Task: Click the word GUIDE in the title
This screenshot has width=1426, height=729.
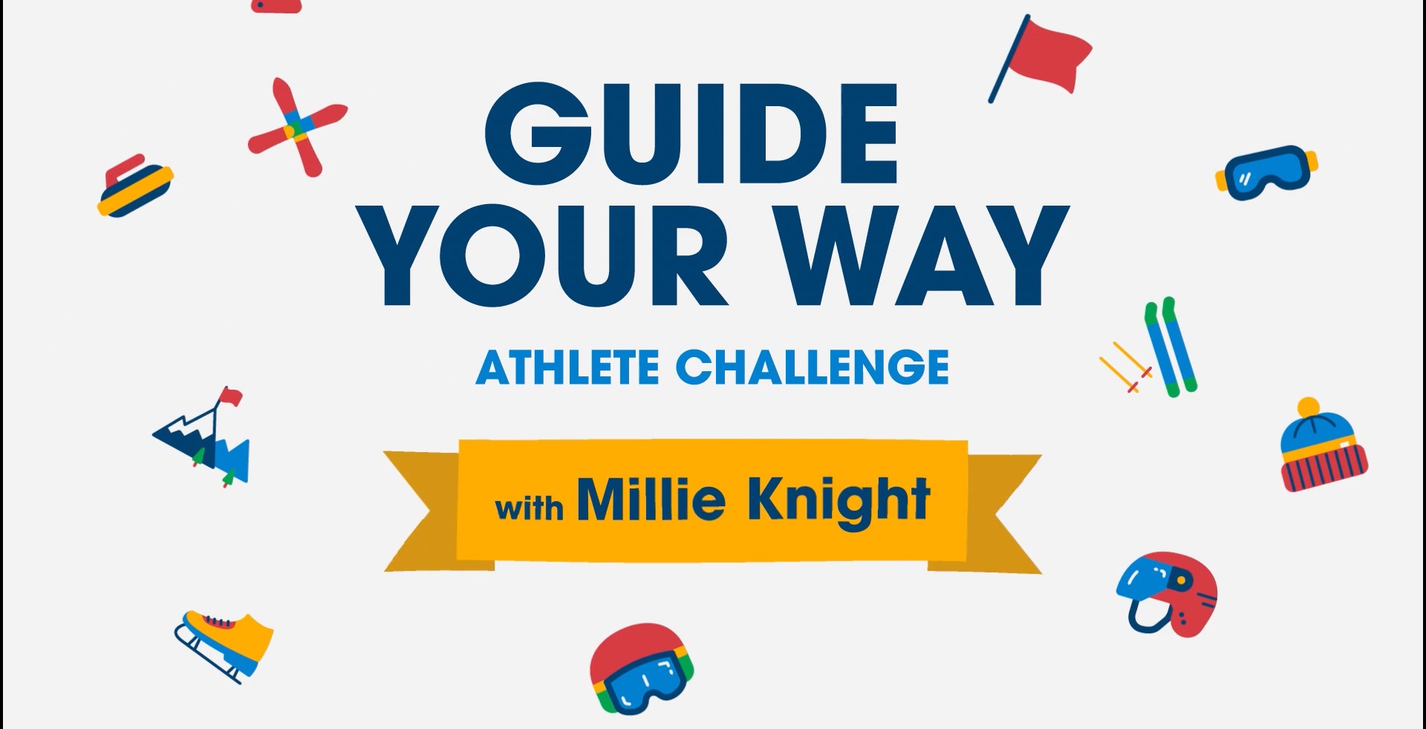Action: pos(691,134)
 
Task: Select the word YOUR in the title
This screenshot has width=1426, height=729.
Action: pos(547,256)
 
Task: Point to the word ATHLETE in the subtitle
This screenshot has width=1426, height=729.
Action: pos(567,367)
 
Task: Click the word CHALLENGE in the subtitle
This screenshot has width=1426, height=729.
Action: pos(813,367)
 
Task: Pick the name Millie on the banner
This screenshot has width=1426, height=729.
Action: pos(651,499)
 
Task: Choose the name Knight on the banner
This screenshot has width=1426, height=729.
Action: pos(839,503)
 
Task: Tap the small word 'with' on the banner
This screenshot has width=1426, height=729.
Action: pos(530,508)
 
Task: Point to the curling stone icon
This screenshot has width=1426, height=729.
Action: pos(134,186)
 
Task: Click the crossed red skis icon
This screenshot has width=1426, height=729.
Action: pos(297,127)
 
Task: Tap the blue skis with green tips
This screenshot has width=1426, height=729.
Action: pos(1171,347)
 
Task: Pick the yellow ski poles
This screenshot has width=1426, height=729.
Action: pos(1126,367)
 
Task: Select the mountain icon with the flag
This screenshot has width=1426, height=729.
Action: pos(202,437)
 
